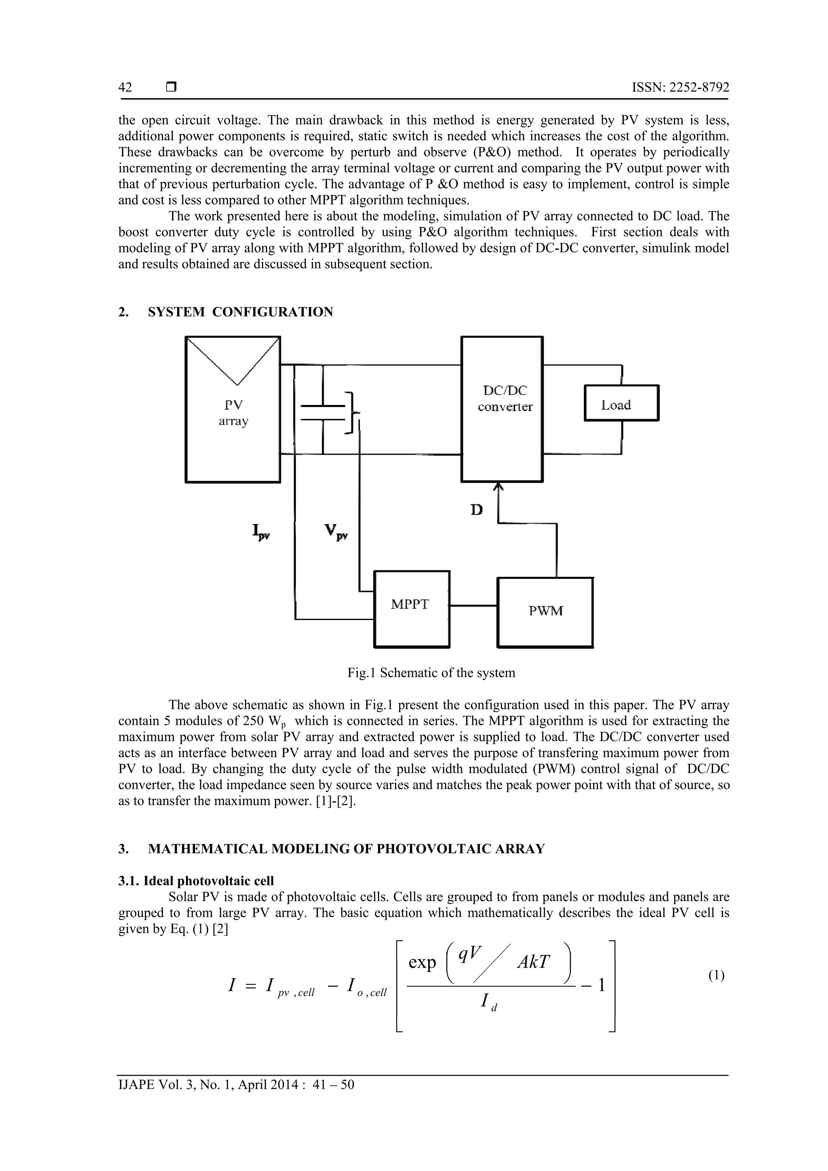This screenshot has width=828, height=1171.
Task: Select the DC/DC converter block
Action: tap(502, 409)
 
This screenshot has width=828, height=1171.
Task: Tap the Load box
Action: tap(621, 403)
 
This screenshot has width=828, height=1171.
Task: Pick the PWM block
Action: tap(545, 612)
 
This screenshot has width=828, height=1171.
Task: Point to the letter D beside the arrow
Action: tap(477, 509)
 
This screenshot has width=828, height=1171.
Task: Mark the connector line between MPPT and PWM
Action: tap(473, 606)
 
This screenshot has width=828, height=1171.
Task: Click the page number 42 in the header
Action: tap(125, 87)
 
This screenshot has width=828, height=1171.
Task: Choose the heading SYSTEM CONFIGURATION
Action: tap(240, 312)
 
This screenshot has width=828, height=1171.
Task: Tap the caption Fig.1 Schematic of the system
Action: tap(431, 673)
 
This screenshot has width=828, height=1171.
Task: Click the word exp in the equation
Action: tap(422, 963)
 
